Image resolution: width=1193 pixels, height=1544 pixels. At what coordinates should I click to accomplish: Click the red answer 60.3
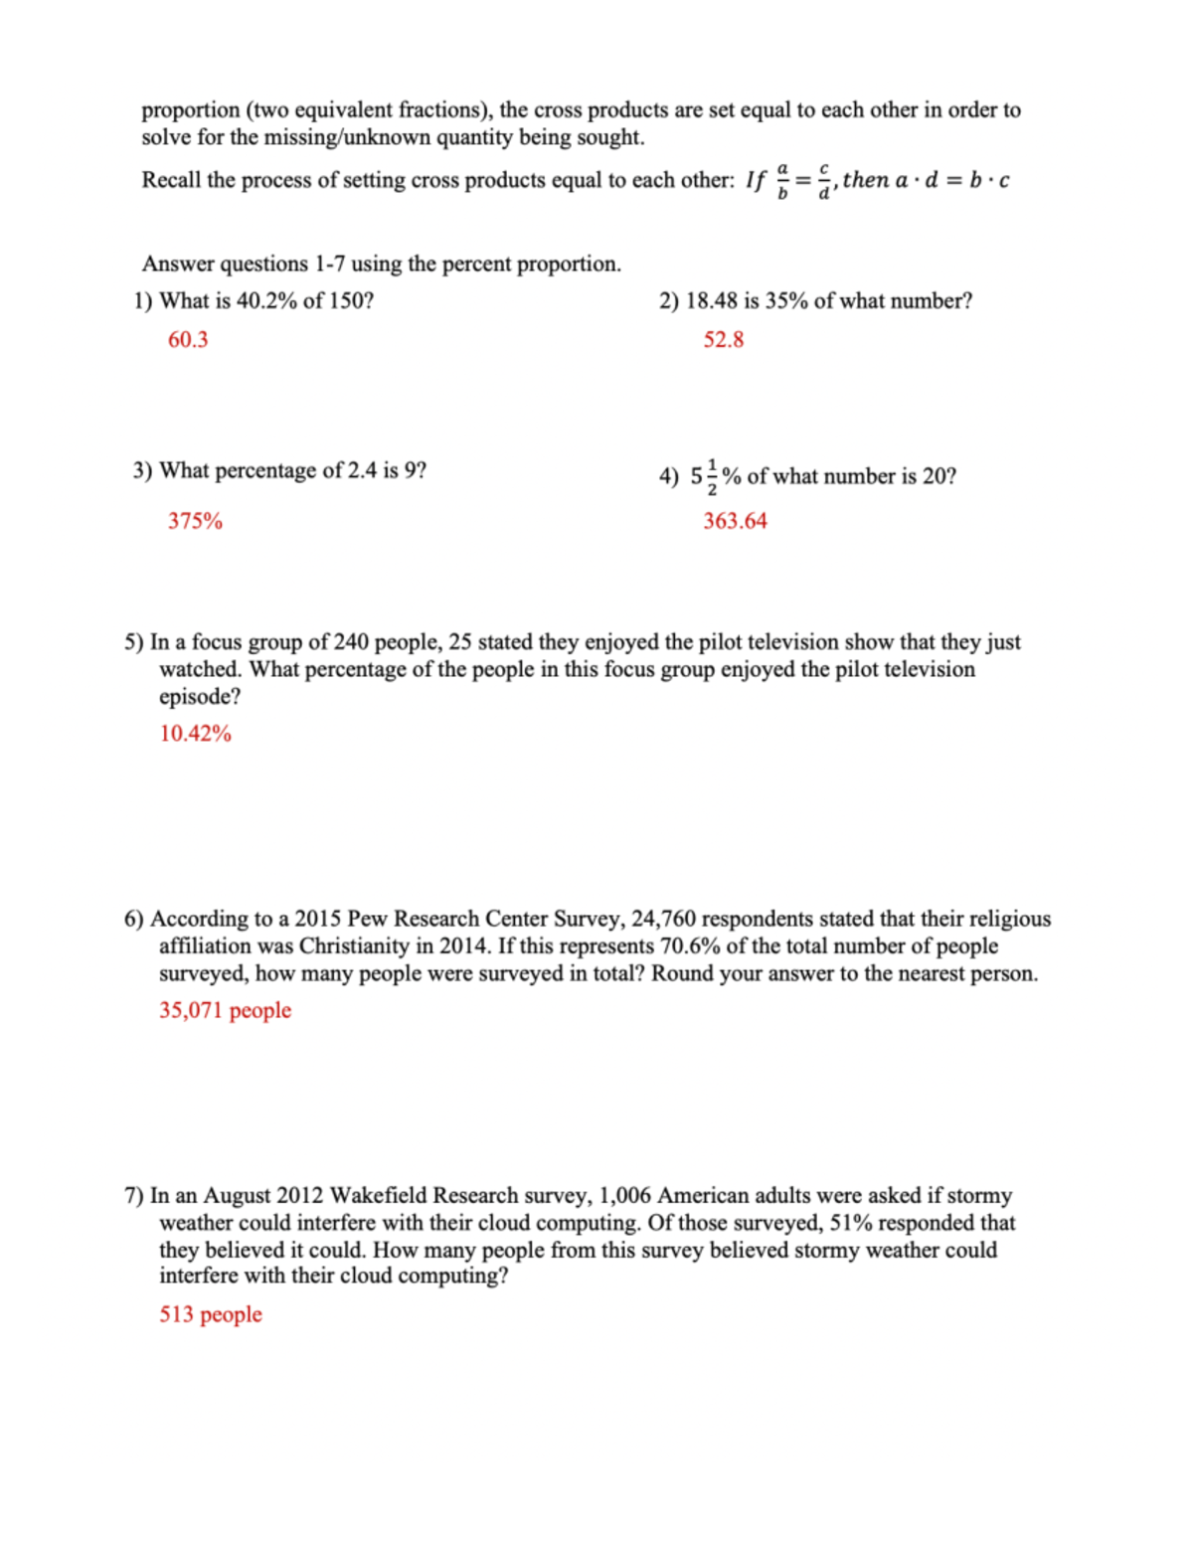coord(188,340)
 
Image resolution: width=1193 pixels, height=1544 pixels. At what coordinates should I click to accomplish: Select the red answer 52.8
coord(724,340)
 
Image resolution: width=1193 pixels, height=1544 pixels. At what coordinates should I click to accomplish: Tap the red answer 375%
coord(195,521)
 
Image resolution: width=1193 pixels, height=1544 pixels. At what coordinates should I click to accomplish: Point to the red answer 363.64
coord(735,521)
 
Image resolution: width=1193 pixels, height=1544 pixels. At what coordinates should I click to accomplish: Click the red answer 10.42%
coord(195,734)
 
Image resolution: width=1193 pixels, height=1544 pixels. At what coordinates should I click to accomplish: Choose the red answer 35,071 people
coord(225,1010)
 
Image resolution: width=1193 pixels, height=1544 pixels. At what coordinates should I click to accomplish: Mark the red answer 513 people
coord(211,1314)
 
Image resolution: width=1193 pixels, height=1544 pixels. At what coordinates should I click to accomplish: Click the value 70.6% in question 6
coord(693,946)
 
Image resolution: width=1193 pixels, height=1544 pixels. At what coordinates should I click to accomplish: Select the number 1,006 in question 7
coord(625,1195)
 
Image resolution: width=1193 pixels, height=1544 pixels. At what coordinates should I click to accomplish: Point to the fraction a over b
coord(782,181)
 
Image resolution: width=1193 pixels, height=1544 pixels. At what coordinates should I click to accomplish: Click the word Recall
coord(171,180)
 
